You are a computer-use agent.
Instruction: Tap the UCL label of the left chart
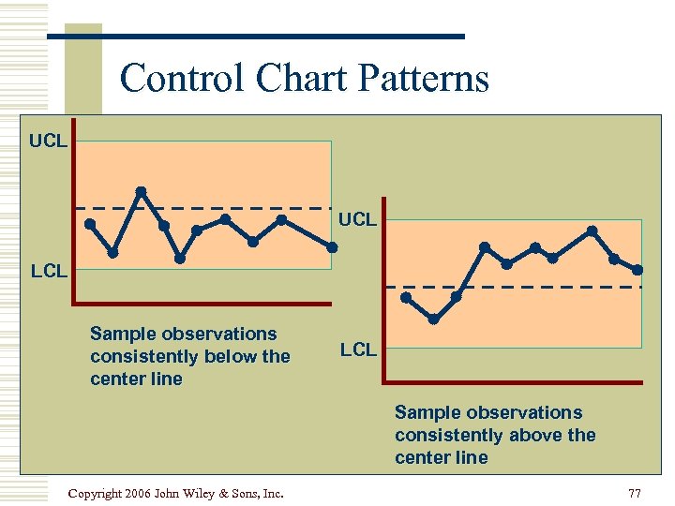(48, 141)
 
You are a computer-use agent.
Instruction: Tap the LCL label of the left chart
(48, 271)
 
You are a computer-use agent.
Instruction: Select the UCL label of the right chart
(357, 219)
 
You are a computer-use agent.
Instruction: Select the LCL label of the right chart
(358, 350)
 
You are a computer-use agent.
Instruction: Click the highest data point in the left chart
(141, 191)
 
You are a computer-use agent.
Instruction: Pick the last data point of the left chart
(333, 247)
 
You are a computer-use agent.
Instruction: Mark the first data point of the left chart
(90, 224)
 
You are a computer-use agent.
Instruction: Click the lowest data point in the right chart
(434, 320)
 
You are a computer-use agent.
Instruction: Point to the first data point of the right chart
(406, 298)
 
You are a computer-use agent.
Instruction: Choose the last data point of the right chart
(637, 270)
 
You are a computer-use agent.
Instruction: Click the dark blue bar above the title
(255, 37)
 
